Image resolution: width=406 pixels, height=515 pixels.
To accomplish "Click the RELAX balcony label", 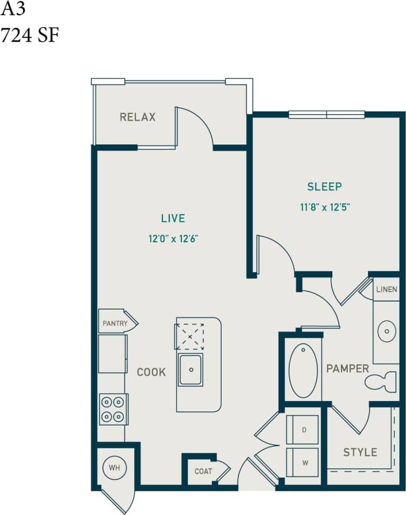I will click(138, 117).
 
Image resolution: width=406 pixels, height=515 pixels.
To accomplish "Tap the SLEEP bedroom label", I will click(324, 186).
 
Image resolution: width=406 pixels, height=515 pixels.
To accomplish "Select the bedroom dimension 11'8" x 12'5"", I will click(325, 207).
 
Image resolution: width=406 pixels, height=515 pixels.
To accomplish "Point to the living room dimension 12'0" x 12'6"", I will click(173, 239).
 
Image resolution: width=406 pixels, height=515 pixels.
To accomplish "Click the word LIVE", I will click(173, 218).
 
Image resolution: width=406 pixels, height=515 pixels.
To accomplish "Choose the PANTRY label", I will click(115, 323).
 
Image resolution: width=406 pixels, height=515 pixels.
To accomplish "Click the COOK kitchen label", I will click(151, 372).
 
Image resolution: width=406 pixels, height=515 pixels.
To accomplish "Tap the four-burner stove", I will click(113, 409).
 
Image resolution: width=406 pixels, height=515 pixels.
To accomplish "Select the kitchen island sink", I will click(190, 370).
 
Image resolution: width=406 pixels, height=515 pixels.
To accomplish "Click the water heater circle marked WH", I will click(115, 468).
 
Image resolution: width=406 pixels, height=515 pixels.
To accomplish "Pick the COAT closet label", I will click(203, 471).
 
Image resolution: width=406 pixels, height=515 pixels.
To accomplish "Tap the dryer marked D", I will click(302, 430).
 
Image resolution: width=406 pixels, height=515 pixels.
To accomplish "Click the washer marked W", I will click(302, 462).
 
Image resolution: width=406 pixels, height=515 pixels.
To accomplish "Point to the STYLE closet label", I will click(360, 452).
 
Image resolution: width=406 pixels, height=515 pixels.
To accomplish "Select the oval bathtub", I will click(303, 371).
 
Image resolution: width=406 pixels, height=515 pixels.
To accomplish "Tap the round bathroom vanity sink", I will click(386, 331).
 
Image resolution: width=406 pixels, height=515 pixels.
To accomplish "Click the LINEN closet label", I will click(386, 289).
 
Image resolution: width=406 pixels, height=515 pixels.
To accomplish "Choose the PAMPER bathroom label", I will click(347, 368).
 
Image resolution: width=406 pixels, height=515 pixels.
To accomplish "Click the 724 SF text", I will click(30, 36).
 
